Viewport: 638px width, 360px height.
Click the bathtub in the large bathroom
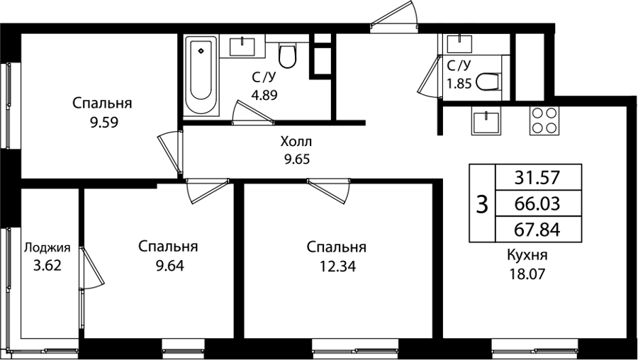(201, 75)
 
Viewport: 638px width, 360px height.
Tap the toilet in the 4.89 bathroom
(287, 56)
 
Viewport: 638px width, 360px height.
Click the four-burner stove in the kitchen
(544, 120)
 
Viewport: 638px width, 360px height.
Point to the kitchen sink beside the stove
(486, 120)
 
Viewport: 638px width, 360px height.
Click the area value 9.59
(104, 123)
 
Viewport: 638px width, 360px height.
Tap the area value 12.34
(337, 266)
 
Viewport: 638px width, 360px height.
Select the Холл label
(296, 142)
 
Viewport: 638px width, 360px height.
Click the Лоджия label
(47, 248)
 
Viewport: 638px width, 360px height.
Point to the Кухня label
(527, 255)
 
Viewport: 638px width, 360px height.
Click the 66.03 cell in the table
(537, 203)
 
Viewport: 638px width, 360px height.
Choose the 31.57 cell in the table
(537, 177)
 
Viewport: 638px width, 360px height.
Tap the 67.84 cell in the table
(537, 230)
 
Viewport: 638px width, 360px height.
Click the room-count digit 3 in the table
(482, 204)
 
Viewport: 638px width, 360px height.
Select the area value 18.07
(527, 274)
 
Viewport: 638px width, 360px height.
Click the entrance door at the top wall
(394, 17)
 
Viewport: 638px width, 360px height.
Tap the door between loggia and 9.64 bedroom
(91, 268)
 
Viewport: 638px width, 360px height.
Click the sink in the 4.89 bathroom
(242, 47)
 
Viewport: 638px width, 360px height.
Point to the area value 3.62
(47, 266)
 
